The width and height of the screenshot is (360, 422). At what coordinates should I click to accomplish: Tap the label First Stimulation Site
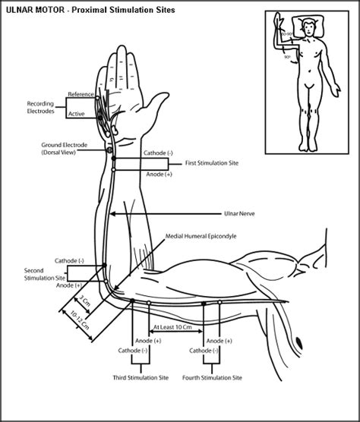point(215,164)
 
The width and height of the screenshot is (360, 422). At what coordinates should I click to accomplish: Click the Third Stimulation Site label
point(140,377)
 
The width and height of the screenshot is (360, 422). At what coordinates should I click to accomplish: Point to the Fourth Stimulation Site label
point(213,377)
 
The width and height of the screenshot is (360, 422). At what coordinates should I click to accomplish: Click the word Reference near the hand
point(81,94)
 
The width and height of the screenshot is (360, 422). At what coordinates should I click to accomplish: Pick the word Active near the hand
point(77,114)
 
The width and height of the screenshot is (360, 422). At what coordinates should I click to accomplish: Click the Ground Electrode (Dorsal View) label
point(67,148)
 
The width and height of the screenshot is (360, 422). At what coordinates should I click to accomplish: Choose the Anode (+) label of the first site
point(158,174)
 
